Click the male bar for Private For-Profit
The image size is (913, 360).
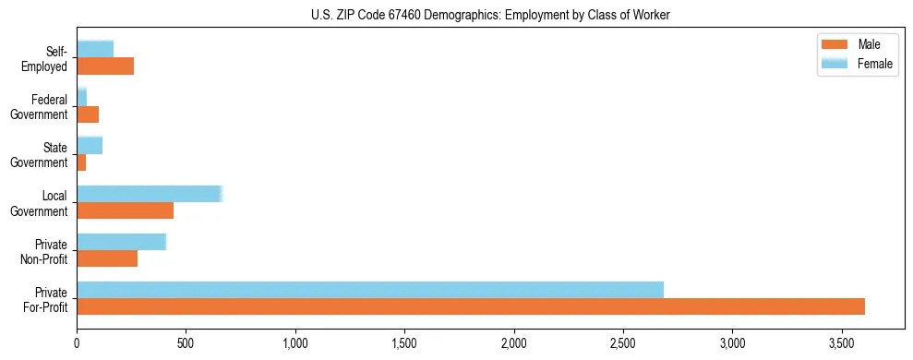point(471,306)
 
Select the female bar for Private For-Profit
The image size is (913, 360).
point(370,290)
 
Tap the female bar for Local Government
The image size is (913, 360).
point(150,194)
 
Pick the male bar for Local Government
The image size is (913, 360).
point(125,210)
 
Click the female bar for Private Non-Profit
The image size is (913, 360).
point(121,242)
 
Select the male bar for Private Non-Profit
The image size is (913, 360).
point(107,258)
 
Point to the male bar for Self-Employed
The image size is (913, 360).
point(105,66)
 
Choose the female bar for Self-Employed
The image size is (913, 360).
point(95,49)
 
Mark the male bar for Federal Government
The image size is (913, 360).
point(88,114)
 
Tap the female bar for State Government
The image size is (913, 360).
point(90,145)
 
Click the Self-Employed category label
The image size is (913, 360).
point(48,58)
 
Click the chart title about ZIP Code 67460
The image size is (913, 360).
point(490,14)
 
